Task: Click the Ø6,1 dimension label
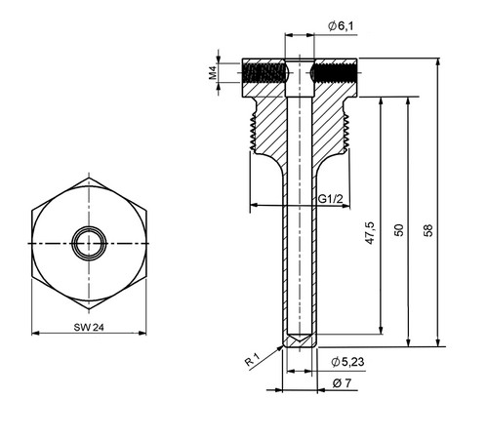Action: click(341, 26)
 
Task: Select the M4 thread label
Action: click(213, 73)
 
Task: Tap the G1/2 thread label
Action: click(330, 199)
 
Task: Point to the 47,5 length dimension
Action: click(370, 233)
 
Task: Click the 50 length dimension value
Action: click(399, 230)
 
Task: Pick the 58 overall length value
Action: click(428, 230)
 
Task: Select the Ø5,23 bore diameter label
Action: click(347, 362)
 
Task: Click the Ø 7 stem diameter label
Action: click(342, 383)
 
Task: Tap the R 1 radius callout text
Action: click(253, 360)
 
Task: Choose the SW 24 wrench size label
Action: click(89, 327)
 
